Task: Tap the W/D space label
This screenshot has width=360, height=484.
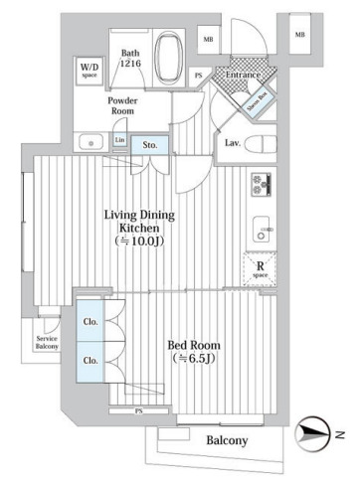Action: click(x=89, y=70)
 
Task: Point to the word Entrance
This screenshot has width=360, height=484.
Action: click(x=244, y=75)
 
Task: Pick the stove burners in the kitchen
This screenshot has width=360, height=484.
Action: click(x=263, y=186)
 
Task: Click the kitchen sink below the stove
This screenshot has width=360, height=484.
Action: click(x=263, y=225)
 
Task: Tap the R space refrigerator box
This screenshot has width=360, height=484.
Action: click(x=260, y=267)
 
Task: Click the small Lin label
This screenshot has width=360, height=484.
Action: click(x=119, y=140)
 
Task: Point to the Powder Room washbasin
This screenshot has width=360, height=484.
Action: click(x=93, y=141)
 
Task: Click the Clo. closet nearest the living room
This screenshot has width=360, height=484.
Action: click(x=88, y=322)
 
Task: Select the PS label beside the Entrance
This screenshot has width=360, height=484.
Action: click(x=199, y=76)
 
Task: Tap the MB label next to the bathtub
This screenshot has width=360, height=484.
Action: click(x=207, y=40)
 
